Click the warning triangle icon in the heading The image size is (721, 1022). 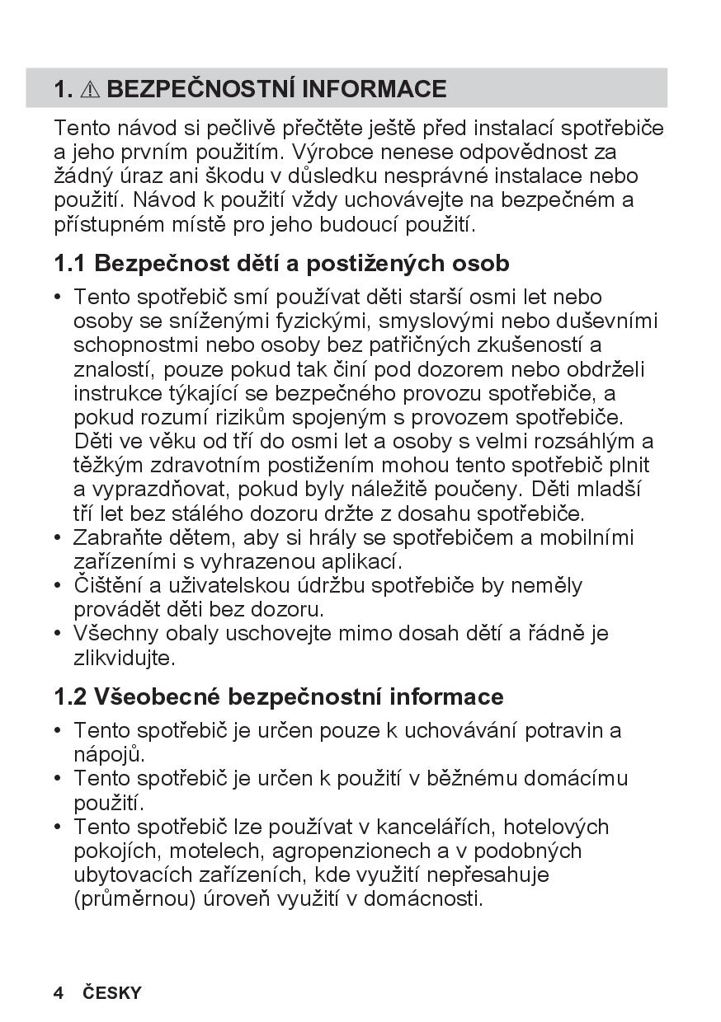coord(91,89)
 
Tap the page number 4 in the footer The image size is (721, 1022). coord(58,992)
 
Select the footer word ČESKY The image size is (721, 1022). coord(112,992)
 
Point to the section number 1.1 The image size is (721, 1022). coord(70,264)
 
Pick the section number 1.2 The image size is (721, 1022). coord(70,697)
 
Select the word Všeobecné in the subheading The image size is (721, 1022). coord(157,697)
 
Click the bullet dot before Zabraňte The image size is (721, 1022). coord(58,538)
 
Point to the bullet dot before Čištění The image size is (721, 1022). coord(58,586)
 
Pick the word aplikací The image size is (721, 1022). coord(361,562)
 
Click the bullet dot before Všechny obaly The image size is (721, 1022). coord(58,634)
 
